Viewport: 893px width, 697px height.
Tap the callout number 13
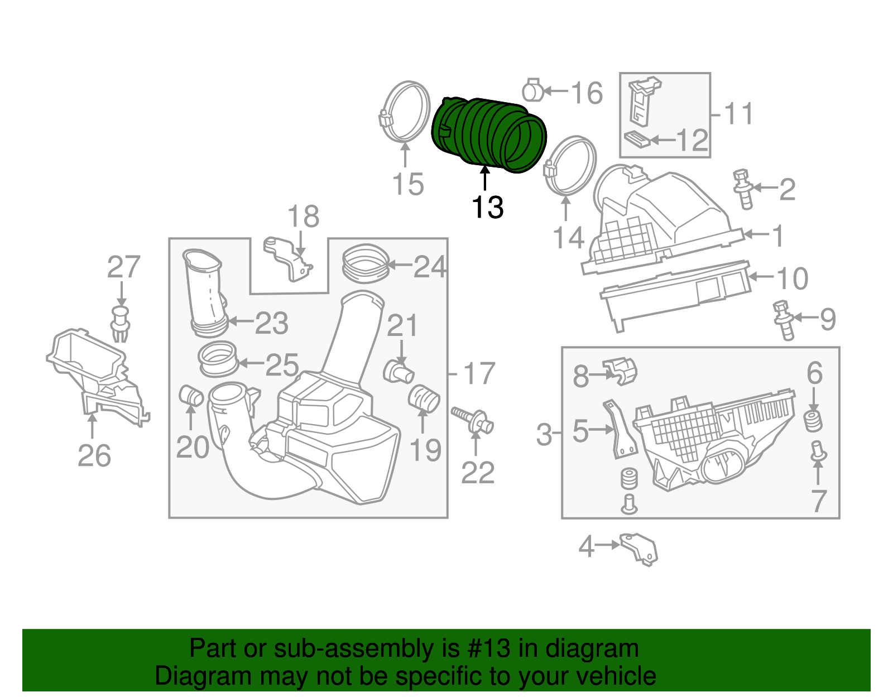point(487,208)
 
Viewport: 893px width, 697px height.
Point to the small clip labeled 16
point(532,90)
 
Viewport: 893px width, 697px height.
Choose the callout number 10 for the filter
point(793,278)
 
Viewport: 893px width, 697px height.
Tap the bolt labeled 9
point(784,321)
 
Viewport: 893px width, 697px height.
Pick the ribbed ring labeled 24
point(365,263)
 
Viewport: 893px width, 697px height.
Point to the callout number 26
point(94,456)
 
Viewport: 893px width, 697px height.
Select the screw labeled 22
point(472,420)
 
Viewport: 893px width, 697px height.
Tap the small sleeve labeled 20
point(191,396)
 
